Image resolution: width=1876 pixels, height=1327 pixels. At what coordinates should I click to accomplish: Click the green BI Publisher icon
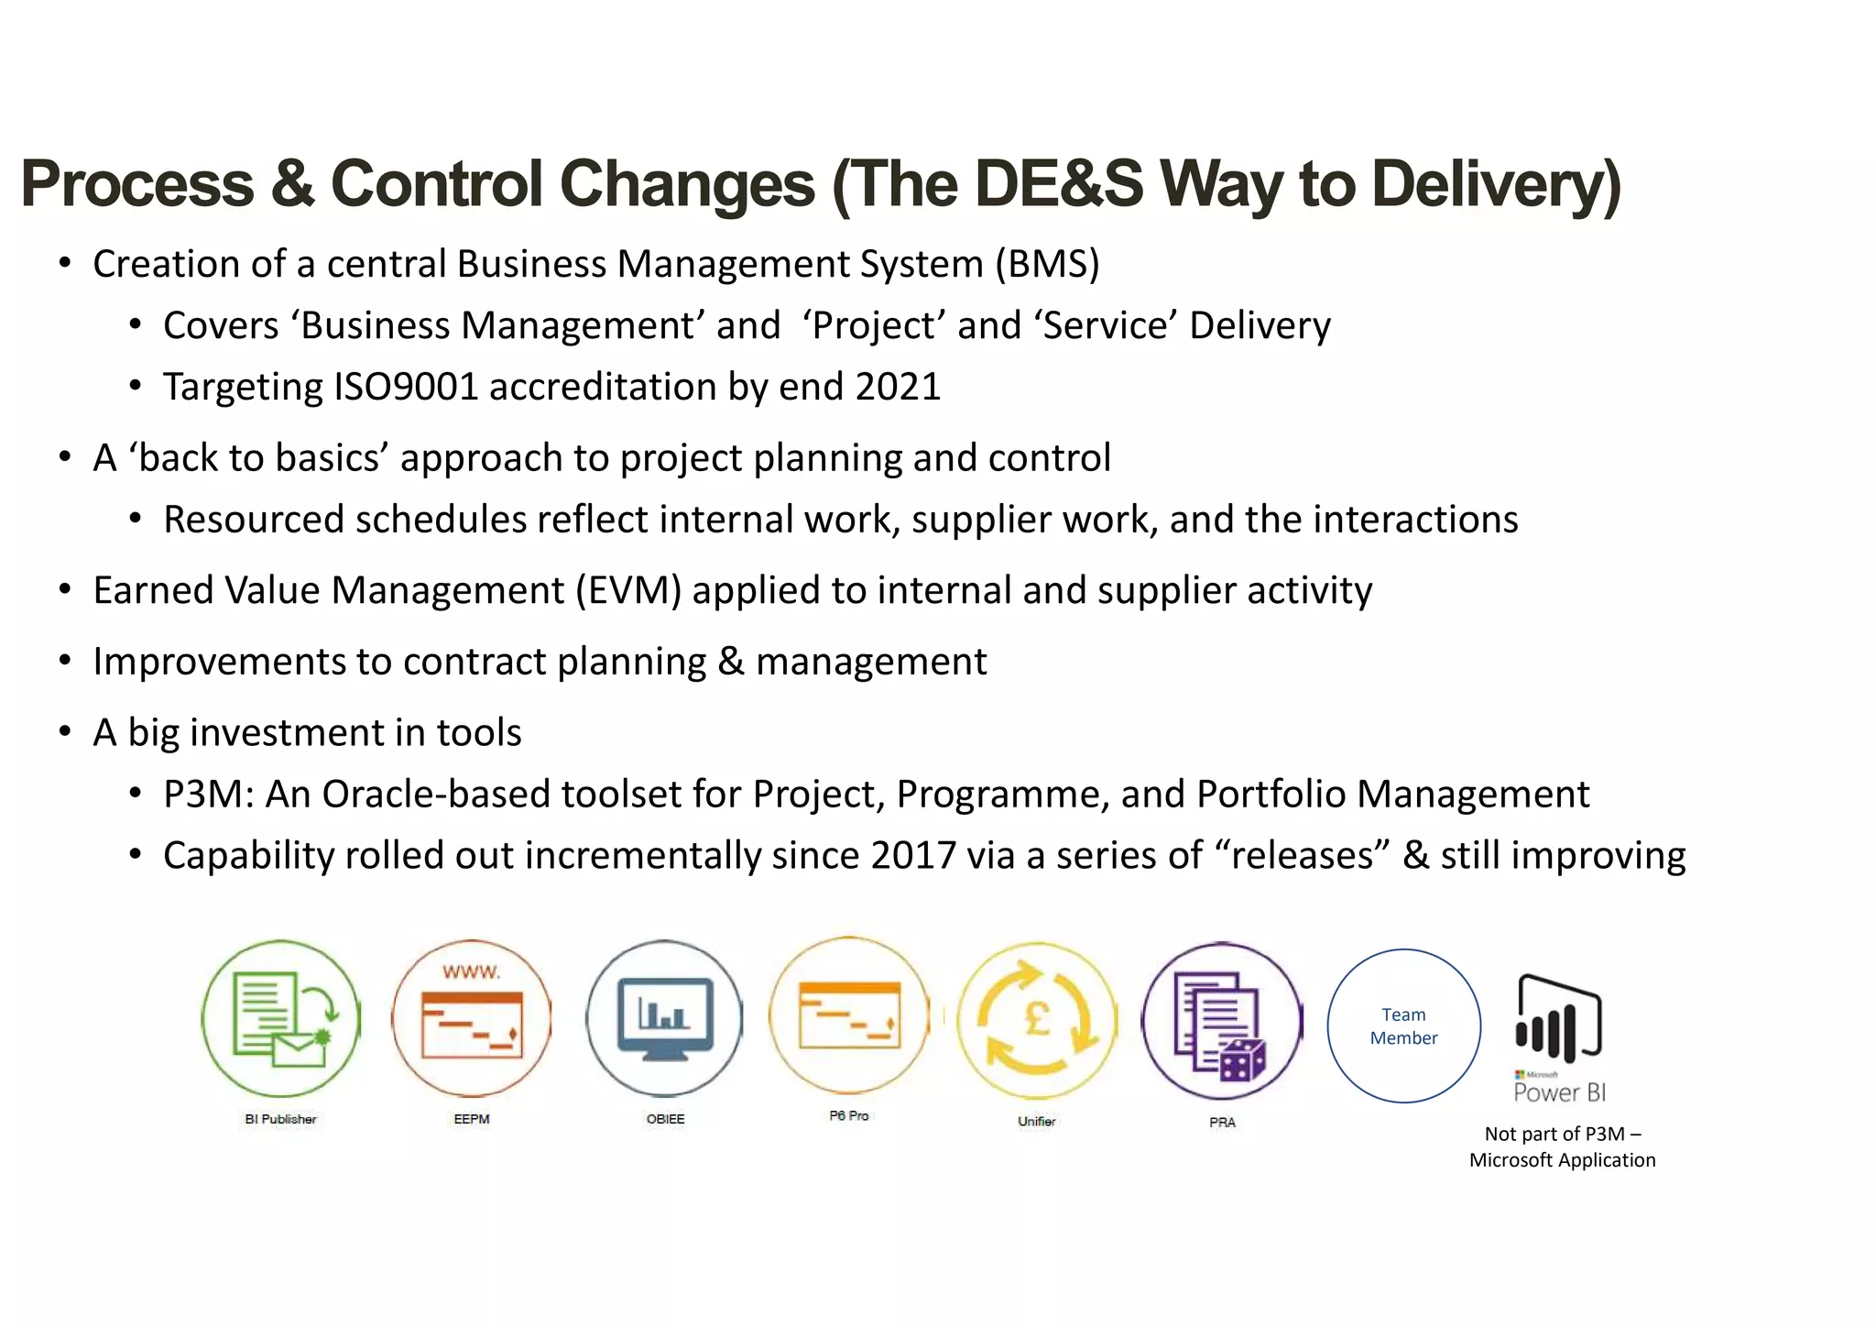(280, 1018)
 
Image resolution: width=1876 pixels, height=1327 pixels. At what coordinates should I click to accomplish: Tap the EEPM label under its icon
(472, 1119)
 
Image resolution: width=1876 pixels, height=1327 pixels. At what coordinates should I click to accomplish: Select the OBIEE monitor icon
(664, 1018)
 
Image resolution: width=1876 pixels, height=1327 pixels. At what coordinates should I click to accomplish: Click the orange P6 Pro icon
(849, 1014)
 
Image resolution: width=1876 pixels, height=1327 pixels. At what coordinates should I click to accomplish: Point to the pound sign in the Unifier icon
(1037, 1017)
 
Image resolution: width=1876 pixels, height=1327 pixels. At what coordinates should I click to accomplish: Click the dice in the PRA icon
(1243, 1061)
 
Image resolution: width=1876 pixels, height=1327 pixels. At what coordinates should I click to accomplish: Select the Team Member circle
(1403, 1025)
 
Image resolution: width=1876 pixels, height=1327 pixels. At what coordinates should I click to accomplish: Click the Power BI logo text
(1559, 1092)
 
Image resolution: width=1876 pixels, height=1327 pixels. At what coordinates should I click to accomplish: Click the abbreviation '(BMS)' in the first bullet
(1047, 265)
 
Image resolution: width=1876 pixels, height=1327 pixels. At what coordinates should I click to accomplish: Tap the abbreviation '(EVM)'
(627, 591)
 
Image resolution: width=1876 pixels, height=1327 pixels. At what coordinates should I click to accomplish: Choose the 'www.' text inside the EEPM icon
(471, 972)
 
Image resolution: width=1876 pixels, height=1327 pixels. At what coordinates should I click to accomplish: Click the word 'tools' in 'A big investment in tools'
(479, 733)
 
